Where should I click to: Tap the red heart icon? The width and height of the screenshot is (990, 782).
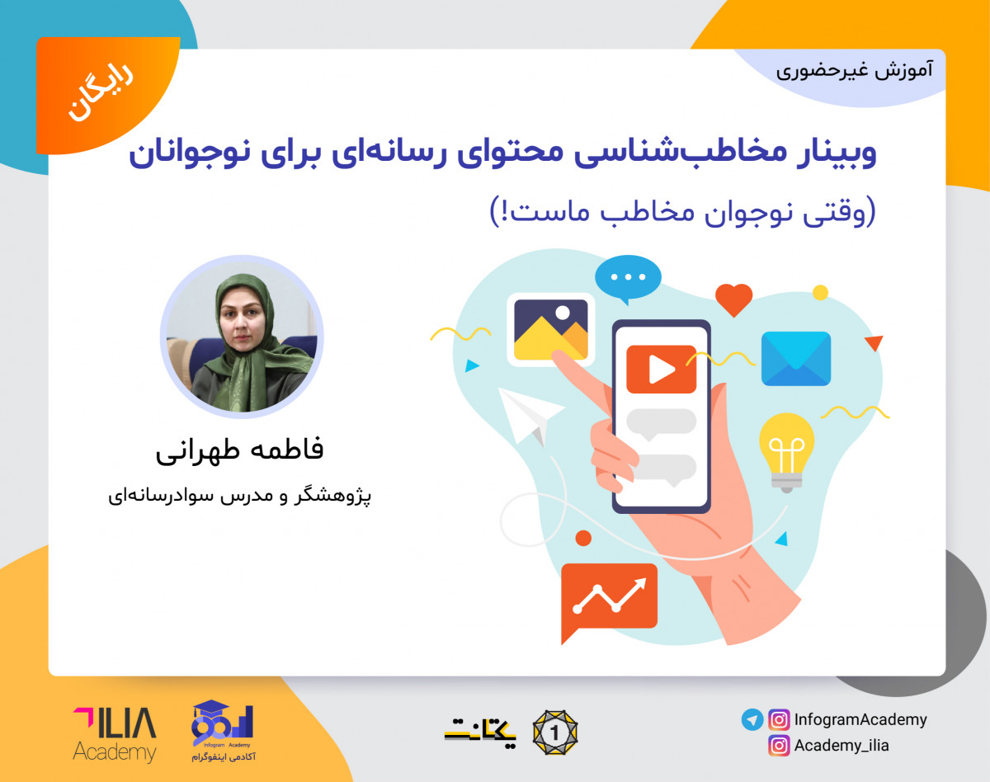[733, 299]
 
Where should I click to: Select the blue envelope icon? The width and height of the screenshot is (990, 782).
[795, 359]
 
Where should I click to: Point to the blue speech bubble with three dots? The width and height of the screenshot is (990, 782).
[628, 278]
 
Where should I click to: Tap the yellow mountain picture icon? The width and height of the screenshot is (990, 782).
[550, 330]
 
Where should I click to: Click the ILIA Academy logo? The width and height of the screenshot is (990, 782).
[114, 733]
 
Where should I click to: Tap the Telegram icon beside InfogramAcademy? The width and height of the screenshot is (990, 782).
[752, 719]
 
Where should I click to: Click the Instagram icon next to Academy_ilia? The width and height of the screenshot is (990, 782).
[779, 746]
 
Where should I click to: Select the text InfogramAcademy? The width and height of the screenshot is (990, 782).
[860, 719]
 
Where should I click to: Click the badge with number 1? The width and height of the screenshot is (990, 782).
[554, 732]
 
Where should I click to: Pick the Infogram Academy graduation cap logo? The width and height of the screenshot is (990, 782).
[223, 730]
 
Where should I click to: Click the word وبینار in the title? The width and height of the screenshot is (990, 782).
[833, 155]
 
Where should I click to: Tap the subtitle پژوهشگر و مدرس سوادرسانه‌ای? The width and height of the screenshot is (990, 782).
[241, 497]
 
